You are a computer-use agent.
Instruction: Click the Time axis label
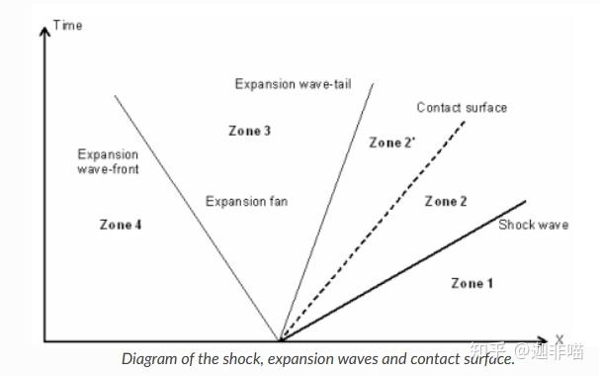(x=67, y=25)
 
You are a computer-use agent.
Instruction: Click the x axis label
(x=558, y=338)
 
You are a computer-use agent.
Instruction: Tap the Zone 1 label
(x=471, y=283)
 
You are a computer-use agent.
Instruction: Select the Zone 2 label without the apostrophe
(x=446, y=202)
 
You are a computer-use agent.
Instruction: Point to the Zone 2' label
(x=391, y=142)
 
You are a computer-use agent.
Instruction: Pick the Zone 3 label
(x=249, y=131)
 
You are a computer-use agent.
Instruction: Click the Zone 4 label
(x=121, y=225)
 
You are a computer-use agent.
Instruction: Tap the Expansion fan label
(x=246, y=202)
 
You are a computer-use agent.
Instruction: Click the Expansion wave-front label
(x=108, y=161)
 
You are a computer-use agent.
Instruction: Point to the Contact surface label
(x=462, y=107)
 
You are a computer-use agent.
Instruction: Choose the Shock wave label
(x=533, y=225)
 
